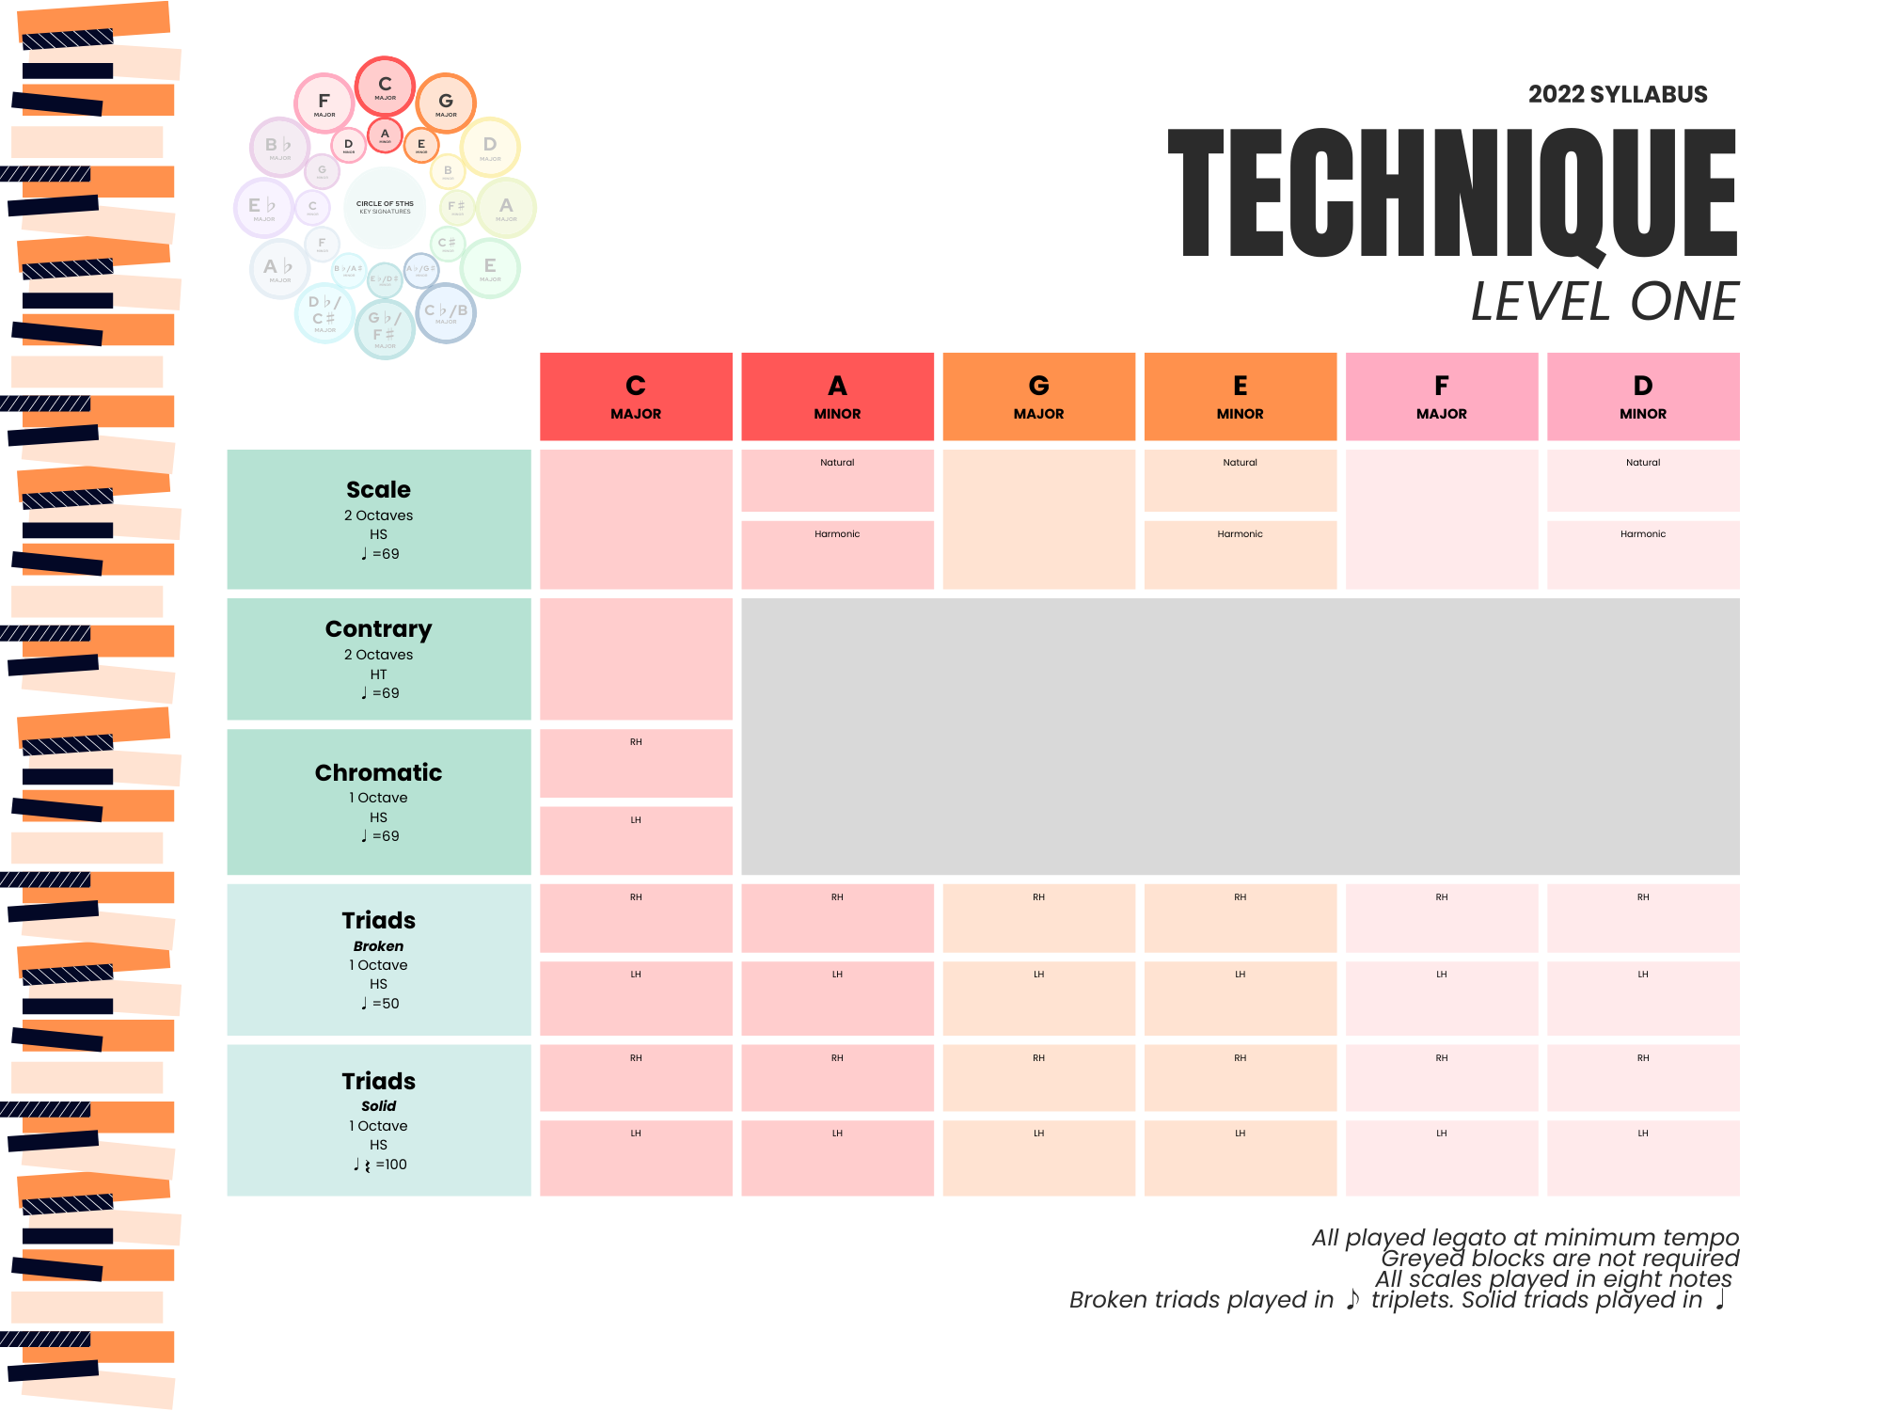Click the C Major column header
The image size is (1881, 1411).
[636, 397]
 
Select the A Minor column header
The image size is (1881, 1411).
[837, 397]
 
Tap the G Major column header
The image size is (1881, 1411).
[1038, 397]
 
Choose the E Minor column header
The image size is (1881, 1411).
[1240, 397]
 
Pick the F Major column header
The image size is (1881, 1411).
[1441, 397]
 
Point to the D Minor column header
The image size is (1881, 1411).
[1642, 397]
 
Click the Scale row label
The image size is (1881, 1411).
[379, 519]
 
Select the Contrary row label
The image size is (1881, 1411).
[379, 658]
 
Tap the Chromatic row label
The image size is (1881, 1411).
[379, 801]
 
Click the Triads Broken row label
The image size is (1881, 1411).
[379, 959]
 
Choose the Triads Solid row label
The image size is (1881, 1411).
[379, 1119]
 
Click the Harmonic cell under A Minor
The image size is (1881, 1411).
[837, 555]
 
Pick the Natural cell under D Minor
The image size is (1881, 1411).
[1642, 481]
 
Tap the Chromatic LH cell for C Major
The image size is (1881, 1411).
[636, 840]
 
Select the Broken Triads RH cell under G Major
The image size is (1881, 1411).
[1038, 918]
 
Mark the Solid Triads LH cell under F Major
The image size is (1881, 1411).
[1441, 1158]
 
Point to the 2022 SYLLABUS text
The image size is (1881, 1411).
[1617, 94]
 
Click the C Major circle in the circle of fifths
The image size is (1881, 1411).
[385, 87]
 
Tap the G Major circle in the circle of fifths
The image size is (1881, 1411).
[446, 103]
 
